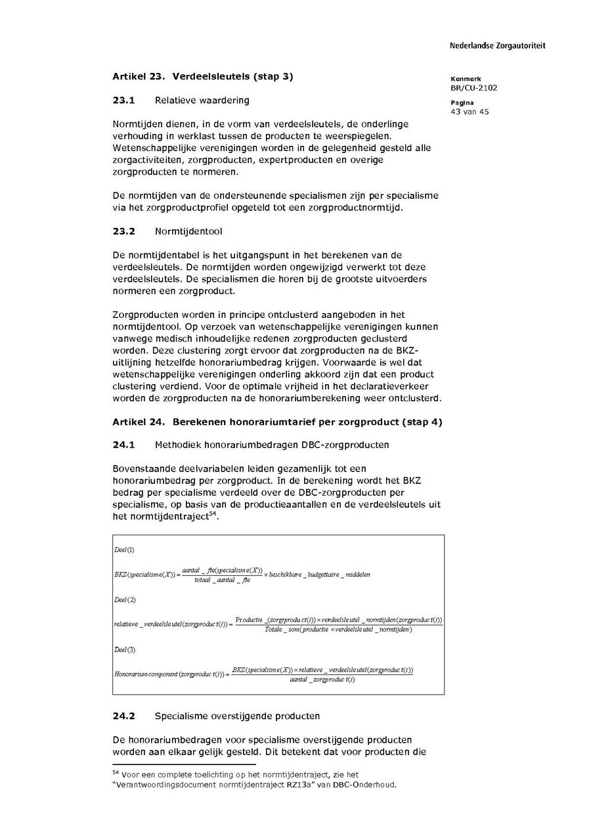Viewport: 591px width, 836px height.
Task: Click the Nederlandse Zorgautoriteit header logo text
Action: tap(497, 46)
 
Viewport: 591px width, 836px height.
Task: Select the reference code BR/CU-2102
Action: tap(473, 87)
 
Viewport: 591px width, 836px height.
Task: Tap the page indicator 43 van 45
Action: tap(470, 112)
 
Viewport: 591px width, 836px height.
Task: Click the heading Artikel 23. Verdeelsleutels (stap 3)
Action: tap(202, 76)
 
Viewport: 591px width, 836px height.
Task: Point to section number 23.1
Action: tap(123, 100)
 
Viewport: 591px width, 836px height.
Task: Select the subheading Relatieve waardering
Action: tap(202, 100)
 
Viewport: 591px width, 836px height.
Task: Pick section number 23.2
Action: tap(123, 231)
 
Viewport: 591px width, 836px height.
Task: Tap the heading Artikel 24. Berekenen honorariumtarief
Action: tap(277, 422)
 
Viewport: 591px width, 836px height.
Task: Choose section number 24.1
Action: tap(123, 445)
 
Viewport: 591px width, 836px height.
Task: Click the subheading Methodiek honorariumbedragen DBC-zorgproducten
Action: tap(271, 445)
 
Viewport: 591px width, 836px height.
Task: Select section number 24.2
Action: tap(123, 715)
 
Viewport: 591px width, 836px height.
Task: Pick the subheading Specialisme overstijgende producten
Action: tap(237, 715)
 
